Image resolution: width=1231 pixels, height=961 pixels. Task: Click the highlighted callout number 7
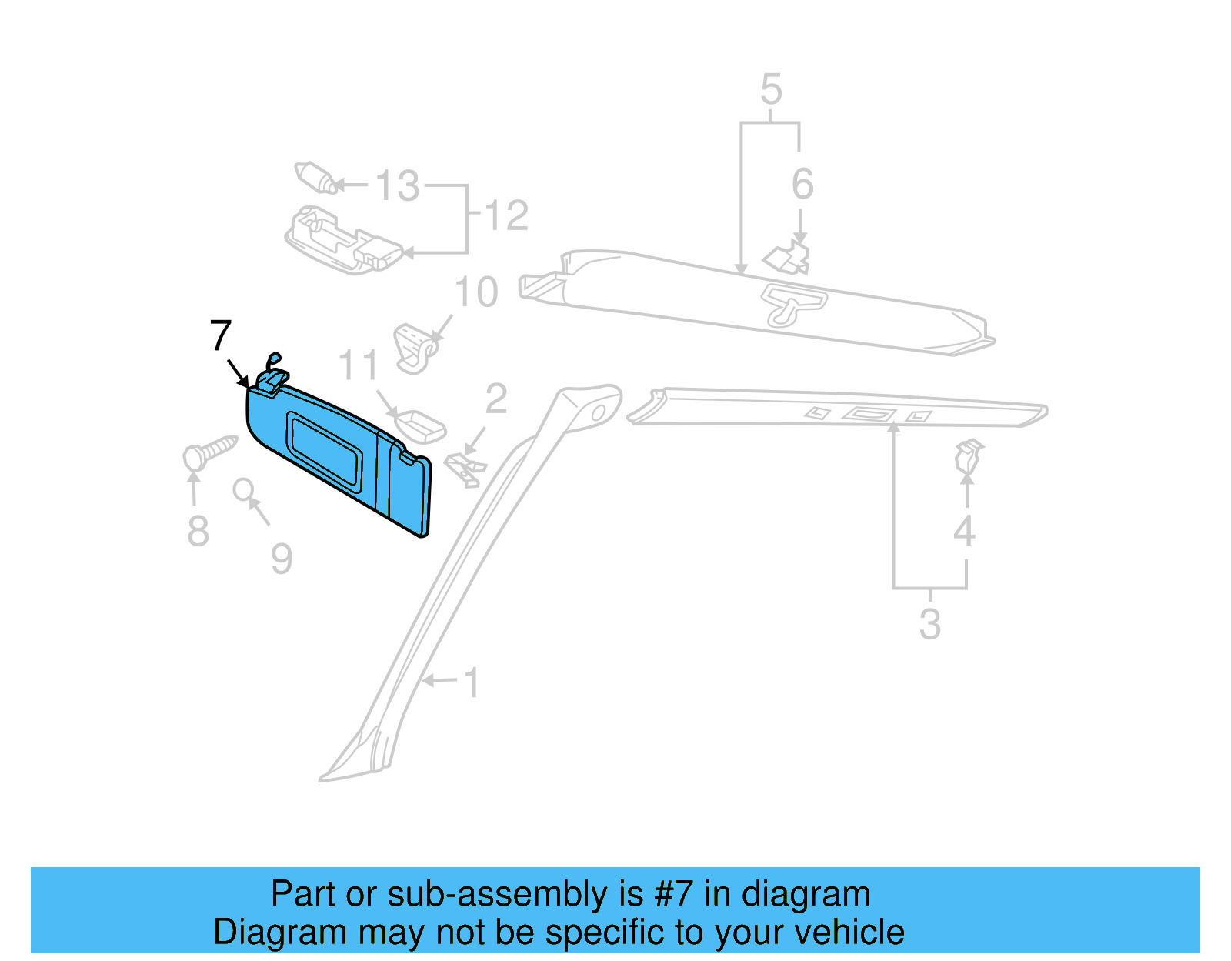pyautogui.click(x=220, y=336)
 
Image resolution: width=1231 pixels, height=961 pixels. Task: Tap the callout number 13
pyautogui.click(x=397, y=186)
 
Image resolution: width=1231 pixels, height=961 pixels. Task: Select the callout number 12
pyautogui.click(x=506, y=215)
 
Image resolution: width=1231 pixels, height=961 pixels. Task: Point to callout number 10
pyautogui.click(x=476, y=292)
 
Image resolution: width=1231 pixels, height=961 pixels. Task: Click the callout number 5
pyautogui.click(x=771, y=90)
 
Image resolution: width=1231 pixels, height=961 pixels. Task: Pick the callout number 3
pyautogui.click(x=929, y=624)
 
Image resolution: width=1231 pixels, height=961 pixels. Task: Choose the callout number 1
pyautogui.click(x=472, y=682)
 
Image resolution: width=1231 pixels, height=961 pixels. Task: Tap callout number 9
pyautogui.click(x=282, y=559)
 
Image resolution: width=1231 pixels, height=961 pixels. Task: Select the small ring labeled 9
pyautogui.click(x=244, y=489)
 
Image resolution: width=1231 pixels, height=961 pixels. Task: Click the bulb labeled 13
pyautogui.click(x=316, y=178)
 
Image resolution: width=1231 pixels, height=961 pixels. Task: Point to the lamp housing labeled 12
pyautogui.click(x=342, y=239)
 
